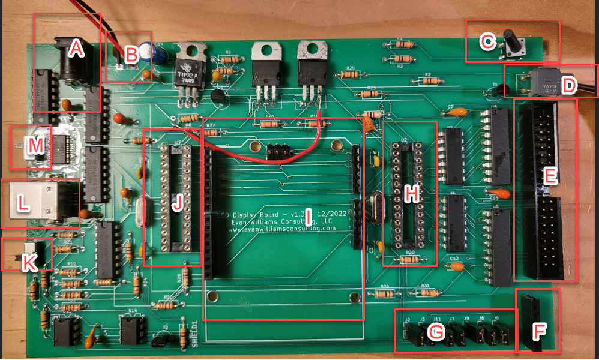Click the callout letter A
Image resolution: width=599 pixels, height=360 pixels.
[76, 49]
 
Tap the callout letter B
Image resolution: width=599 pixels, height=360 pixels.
[131, 55]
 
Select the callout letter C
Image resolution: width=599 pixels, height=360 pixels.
[487, 41]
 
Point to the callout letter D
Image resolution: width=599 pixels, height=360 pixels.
[568, 85]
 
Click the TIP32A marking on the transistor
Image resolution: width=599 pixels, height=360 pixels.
[189, 74]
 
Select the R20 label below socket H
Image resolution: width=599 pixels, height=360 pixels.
[411, 253]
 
